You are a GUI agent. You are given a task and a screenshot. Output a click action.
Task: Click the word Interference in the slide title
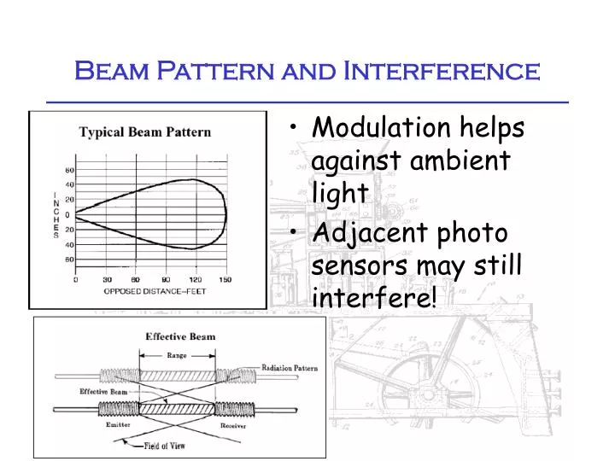[x=441, y=70]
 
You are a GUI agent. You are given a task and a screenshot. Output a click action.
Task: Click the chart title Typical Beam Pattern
[x=145, y=132]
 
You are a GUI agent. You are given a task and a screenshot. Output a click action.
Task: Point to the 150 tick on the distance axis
[x=225, y=278]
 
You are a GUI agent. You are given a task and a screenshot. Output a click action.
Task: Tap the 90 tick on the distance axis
[x=166, y=278]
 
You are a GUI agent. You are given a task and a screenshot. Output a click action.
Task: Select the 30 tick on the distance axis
[x=106, y=278]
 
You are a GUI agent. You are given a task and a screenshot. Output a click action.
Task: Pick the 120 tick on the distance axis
[x=196, y=278]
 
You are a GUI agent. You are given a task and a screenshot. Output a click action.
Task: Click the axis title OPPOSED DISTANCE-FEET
[x=155, y=291]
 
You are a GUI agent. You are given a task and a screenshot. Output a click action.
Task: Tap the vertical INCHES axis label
[x=56, y=214]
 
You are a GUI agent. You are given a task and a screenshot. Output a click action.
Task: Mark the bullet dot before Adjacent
[x=295, y=232]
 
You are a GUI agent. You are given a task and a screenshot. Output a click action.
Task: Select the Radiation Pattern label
[x=290, y=368]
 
